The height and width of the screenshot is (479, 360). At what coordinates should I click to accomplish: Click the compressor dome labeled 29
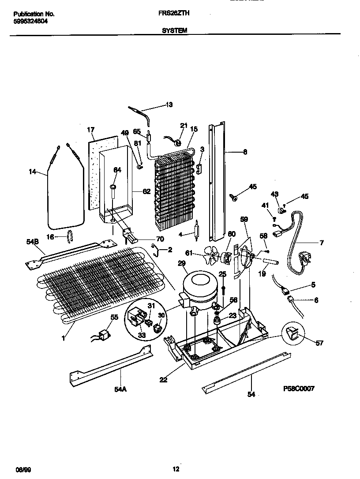(x=198, y=284)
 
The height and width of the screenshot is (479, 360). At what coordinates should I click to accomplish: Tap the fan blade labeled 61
(x=212, y=254)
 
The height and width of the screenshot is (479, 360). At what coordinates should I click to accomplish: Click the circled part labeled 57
(x=291, y=336)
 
